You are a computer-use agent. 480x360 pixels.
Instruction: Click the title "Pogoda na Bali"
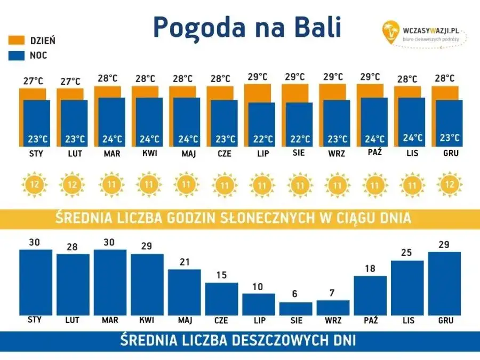click(x=247, y=27)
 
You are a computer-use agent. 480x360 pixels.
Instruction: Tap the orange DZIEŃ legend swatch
click(x=17, y=41)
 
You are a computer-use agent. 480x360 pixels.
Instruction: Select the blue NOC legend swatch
click(x=17, y=55)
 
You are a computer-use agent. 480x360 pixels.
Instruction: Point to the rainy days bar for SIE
click(x=295, y=309)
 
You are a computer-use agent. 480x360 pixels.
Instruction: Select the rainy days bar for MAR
click(x=110, y=283)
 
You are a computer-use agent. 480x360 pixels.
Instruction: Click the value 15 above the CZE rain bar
click(x=221, y=276)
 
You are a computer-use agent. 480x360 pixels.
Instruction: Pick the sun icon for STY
click(x=34, y=185)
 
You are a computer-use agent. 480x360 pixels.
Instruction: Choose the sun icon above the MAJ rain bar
click(x=186, y=185)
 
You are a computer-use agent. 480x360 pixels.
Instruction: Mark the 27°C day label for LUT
click(x=70, y=82)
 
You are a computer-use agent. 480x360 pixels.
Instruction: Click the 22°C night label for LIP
click(x=262, y=139)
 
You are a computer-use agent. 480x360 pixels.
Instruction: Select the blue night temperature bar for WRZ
click(x=337, y=123)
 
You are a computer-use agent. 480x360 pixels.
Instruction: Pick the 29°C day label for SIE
click(x=295, y=77)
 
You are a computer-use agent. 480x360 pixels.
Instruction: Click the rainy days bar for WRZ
click(x=333, y=308)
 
